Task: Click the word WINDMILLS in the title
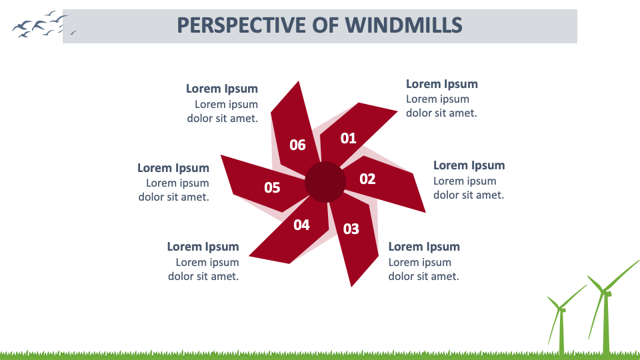[403, 25]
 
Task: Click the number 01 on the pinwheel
[349, 138]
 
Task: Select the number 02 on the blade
[367, 179]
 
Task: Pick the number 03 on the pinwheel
[351, 229]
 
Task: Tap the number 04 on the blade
[301, 225]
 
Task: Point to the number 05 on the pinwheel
[272, 187]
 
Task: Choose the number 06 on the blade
[297, 145]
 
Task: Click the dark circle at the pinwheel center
[325, 181]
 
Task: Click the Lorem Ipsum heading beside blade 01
[441, 84]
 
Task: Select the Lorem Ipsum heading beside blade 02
[469, 165]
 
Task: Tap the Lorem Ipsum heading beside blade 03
[424, 247]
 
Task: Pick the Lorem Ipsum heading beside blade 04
[203, 247]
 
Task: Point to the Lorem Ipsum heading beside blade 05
[173, 168]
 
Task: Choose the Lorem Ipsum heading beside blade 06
[221, 89]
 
